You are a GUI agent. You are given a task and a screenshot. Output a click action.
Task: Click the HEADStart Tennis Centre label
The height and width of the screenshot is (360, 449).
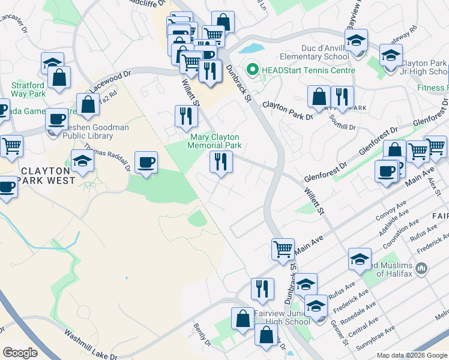pyautogui.click(x=307, y=70)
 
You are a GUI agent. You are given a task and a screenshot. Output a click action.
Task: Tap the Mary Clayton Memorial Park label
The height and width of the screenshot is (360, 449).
pyautogui.click(x=214, y=141)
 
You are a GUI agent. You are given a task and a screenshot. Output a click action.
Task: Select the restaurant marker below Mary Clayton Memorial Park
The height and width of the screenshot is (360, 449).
pyautogui.click(x=221, y=162)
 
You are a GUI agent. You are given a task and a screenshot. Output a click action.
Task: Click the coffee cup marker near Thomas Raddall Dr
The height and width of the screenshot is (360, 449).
pyautogui.click(x=146, y=163)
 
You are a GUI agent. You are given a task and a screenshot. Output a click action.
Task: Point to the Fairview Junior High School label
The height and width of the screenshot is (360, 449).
pyautogui.click(x=282, y=317)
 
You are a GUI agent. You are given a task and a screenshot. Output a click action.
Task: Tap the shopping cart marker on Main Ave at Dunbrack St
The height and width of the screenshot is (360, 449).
pyautogui.click(x=283, y=248)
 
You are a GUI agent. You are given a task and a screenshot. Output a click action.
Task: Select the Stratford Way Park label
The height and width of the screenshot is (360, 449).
pyautogui.click(x=28, y=89)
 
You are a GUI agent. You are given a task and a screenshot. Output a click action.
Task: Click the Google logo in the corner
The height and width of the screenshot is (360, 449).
pyautogui.click(x=20, y=353)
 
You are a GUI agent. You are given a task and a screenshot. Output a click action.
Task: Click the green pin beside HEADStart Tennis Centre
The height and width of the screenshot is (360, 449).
pyautogui.click(x=253, y=70)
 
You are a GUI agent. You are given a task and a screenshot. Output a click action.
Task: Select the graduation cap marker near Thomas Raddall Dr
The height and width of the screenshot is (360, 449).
pyautogui.click(x=82, y=160)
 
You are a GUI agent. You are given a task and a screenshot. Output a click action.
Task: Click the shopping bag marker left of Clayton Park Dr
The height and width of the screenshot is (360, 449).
pyautogui.click(x=319, y=96)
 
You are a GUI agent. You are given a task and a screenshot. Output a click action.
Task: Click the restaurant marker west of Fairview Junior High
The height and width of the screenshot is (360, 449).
pyautogui.click(x=262, y=288)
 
